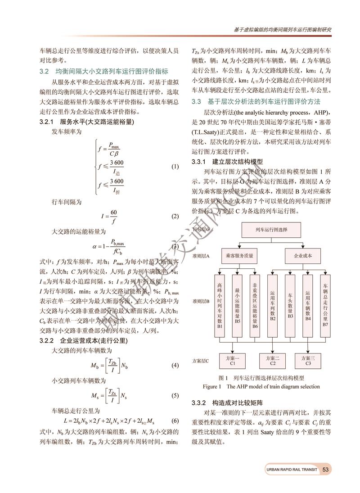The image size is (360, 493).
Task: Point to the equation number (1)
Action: click(x=175, y=167)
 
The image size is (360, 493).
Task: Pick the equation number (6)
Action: click(x=175, y=421)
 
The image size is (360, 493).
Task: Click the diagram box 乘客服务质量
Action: click(x=239, y=256)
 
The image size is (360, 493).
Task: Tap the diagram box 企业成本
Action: click(x=302, y=256)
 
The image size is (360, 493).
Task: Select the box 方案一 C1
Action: click(x=232, y=360)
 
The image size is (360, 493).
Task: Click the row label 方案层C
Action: click(x=201, y=361)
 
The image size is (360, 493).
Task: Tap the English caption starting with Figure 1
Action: click(x=261, y=386)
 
